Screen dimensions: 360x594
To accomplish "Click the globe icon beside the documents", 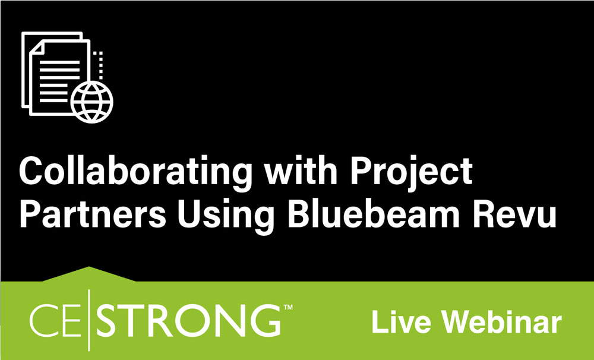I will pos(91,102).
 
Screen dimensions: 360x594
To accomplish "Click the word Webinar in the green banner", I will pos(504,322).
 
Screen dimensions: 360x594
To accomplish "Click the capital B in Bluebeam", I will pos(298,216).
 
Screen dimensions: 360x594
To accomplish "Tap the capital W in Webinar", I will pos(460,322).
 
